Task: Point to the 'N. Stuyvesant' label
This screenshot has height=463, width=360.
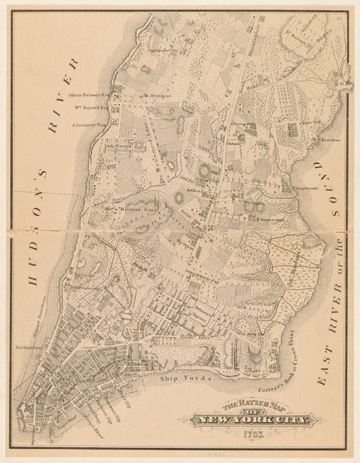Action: click(268, 218)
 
